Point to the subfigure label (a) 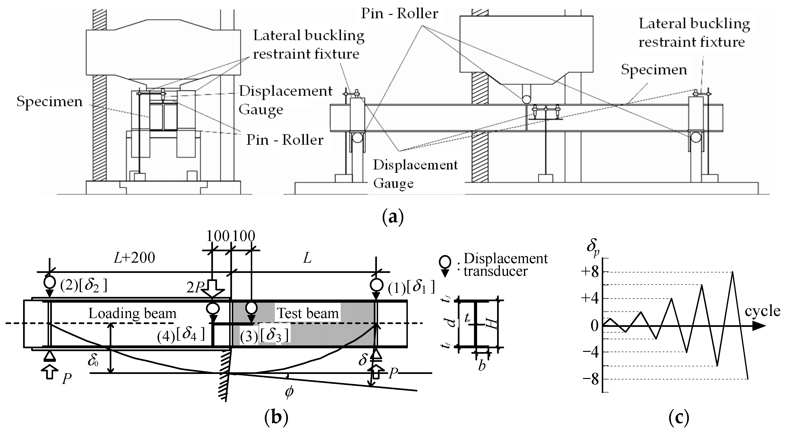point(393,217)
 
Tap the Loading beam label point(132,313)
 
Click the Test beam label point(308,313)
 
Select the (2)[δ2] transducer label point(84,285)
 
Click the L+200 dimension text point(134,258)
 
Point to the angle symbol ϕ point(289,392)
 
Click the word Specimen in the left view point(49,101)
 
